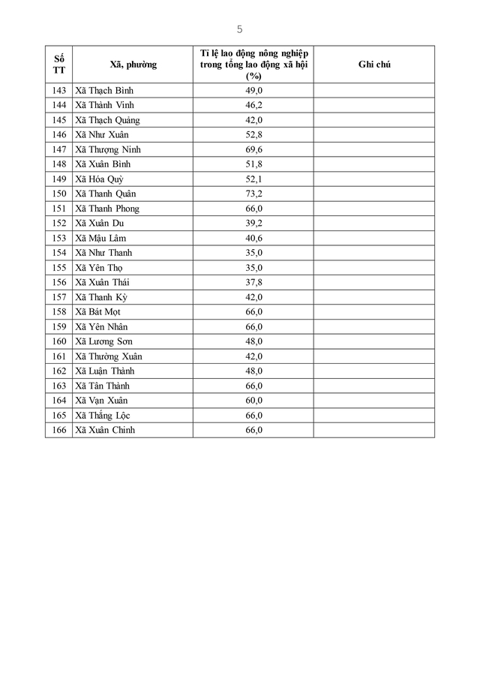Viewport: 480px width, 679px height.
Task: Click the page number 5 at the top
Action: (x=239, y=29)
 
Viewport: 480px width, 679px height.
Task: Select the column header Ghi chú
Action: (x=374, y=65)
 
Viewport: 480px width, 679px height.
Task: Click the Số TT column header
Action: (x=59, y=65)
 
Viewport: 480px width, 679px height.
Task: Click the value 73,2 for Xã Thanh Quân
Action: (x=253, y=194)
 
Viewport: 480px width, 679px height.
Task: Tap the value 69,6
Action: (x=253, y=149)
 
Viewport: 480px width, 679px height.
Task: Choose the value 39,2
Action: (x=253, y=223)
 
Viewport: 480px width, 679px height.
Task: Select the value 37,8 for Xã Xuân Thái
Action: (x=253, y=282)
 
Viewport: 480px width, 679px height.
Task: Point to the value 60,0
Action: (x=253, y=400)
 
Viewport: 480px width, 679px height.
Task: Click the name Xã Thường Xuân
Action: (x=109, y=356)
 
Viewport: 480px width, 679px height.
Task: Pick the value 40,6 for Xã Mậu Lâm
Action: (x=253, y=238)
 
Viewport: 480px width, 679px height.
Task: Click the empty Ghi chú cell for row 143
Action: (x=374, y=91)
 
